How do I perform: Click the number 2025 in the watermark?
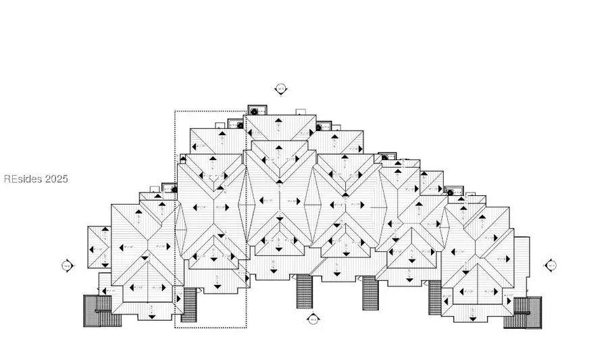(57, 179)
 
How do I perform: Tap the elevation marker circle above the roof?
(280, 88)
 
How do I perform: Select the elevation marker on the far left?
(67, 265)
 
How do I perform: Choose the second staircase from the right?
(436, 298)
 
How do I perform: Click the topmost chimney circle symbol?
(255, 111)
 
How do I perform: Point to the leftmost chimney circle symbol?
(174, 190)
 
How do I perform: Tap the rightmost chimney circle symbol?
(449, 192)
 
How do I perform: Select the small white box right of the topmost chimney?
(301, 111)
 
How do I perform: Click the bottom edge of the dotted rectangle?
(210, 328)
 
